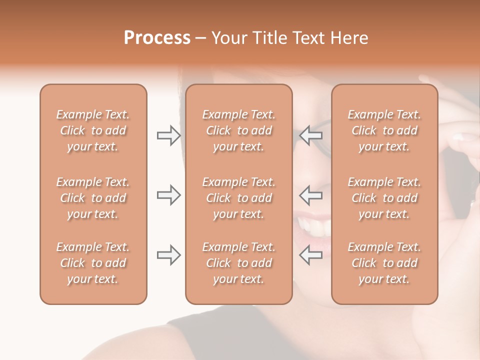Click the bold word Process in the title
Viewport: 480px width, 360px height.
157,37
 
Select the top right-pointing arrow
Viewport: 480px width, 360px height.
169,135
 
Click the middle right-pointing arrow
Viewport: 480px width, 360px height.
169,195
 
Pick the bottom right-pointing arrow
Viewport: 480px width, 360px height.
169,255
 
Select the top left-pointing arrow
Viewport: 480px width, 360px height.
311,135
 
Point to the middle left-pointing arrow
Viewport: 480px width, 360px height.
311,195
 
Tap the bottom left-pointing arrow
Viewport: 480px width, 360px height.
311,255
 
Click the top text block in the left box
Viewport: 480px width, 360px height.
93,130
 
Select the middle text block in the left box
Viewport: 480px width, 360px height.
93,198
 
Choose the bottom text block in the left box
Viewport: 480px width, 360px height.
93,263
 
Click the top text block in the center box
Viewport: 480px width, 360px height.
238,130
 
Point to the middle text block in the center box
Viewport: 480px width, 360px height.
238,198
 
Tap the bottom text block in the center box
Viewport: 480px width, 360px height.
238,263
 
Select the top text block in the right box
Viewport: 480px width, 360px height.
384,130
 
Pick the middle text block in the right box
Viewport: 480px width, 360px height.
384,198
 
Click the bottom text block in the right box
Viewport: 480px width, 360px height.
384,263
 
